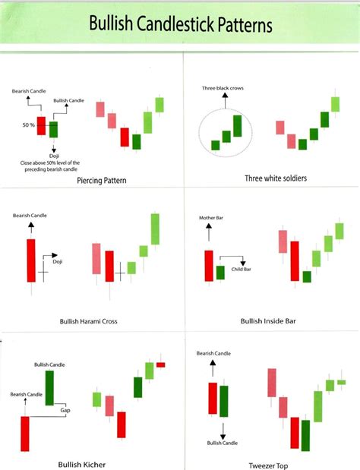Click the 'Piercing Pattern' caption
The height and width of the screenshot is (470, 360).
[x=102, y=181]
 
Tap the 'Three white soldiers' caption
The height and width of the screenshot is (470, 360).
[x=276, y=178]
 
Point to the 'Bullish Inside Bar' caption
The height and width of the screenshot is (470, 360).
[x=268, y=321]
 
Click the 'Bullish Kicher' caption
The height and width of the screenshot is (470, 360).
[x=81, y=463]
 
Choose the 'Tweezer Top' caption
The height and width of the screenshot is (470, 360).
[x=267, y=465]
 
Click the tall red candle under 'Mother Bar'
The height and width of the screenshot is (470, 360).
[x=208, y=266]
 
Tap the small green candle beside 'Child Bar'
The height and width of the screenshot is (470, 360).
[x=220, y=272]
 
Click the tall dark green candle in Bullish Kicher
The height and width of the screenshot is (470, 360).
[x=50, y=387]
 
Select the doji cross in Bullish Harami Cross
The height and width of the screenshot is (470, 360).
[x=43, y=271]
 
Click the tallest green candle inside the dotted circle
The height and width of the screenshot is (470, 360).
[x=237, y=126]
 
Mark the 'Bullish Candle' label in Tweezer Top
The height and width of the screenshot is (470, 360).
[x=222, y=443]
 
